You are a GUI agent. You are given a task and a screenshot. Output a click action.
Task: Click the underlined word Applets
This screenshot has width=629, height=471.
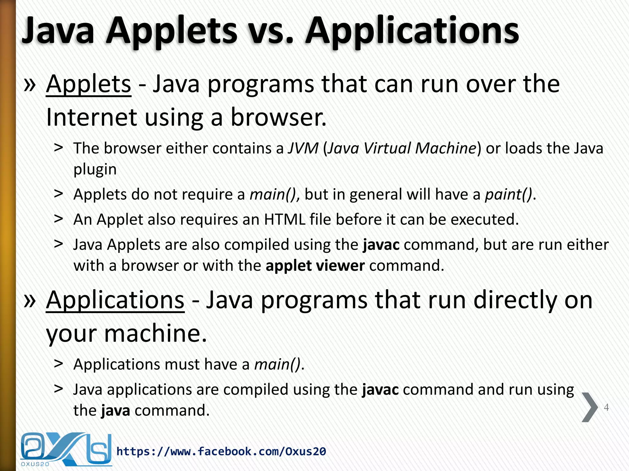pyautogui.click(x=88, y=84)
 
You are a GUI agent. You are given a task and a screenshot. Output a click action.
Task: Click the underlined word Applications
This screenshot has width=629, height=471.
pyautogui.click(x=115, y=300)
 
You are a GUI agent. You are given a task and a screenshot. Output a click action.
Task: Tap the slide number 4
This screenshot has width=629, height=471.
pyautogui.click(x=606, y=407)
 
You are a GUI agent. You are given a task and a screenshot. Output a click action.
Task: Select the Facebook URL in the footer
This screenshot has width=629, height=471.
pyautogui.click(x=221, y=451)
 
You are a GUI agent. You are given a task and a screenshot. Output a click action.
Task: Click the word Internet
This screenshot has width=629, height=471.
pyautogui.click(x=91, y=117)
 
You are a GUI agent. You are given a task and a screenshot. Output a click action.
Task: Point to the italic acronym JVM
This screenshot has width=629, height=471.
pyautogui.click(x=303, y=148)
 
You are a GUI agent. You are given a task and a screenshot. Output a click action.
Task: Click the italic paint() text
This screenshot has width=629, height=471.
pyautogui.click(x=508, y=194)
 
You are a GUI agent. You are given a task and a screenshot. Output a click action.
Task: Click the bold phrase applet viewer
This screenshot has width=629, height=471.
pyautogui.click(x=315, y=266)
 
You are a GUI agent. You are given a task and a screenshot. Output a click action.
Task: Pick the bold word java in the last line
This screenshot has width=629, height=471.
pyautogui.click(x=115, y=411)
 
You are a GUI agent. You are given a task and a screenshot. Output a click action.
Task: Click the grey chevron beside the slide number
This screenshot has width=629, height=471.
pyautogui.click(x=589, y=407)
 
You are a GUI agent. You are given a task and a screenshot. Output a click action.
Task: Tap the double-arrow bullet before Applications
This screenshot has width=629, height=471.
pyautogui.click(x=30, y=300)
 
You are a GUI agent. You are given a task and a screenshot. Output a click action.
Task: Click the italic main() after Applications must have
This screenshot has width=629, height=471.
pyautogui.click(x=277, y=365)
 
